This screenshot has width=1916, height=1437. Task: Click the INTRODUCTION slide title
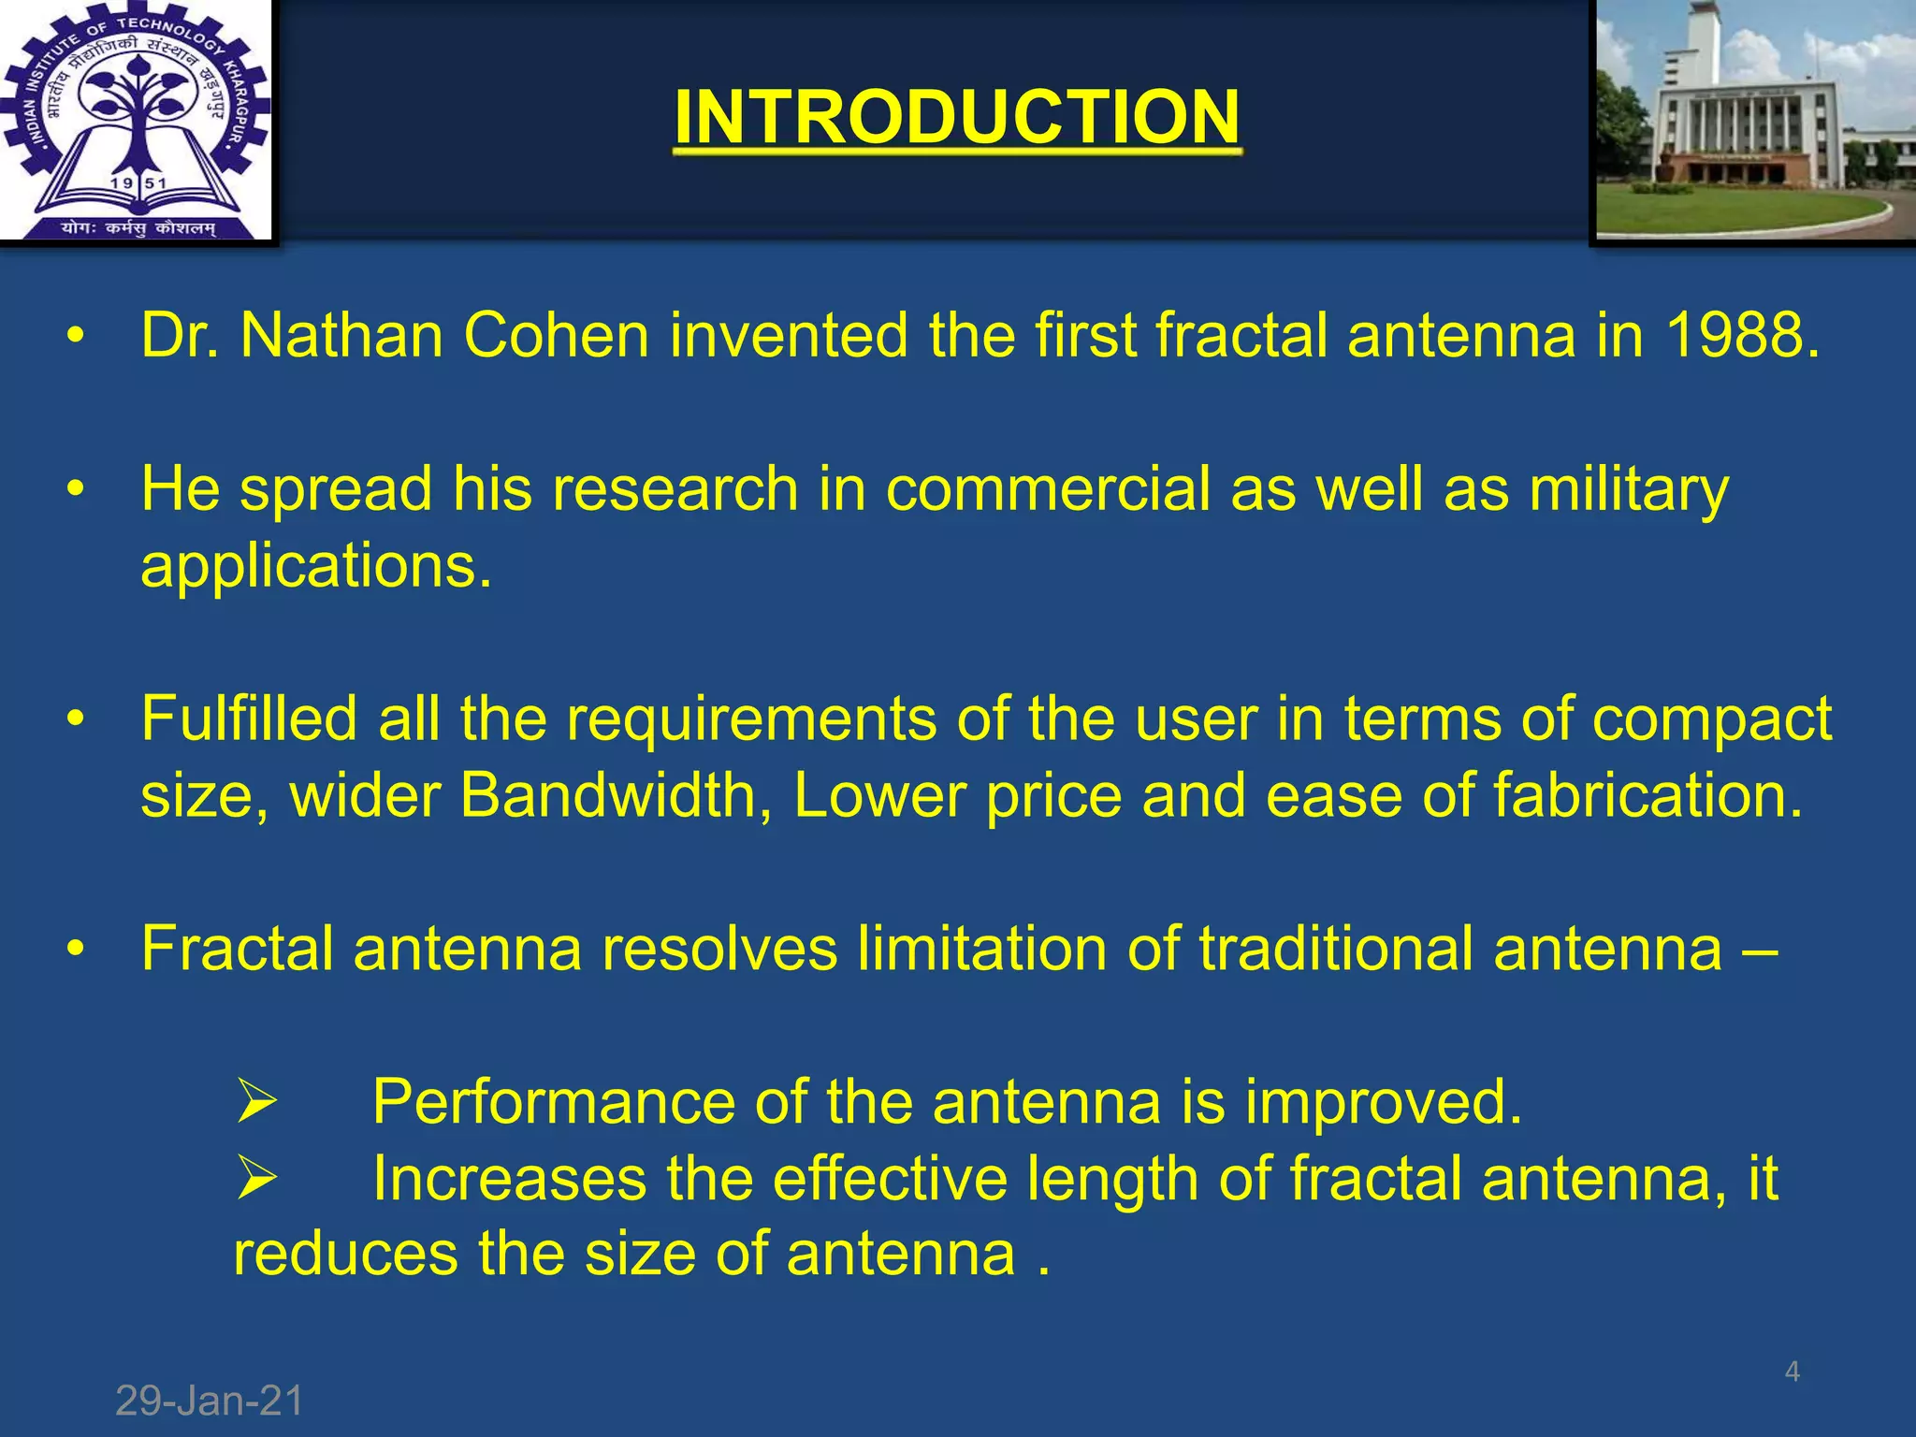pos(957,116)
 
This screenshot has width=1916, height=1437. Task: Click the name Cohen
pos(556,335)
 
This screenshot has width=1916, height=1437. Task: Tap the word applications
pos(315,566)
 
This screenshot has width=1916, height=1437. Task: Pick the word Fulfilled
pos(249,719)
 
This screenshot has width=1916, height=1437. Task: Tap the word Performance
pos(553,1102)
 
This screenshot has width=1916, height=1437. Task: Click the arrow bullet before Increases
pos(255,1177)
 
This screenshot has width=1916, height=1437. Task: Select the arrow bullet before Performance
pos(255,1101)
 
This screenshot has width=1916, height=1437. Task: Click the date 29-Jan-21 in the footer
pos(210,1401)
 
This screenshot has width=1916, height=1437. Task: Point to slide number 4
pos(1792,1372)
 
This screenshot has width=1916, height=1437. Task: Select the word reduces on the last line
pos(345,1255)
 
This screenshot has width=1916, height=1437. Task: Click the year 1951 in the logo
pos(137,183)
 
